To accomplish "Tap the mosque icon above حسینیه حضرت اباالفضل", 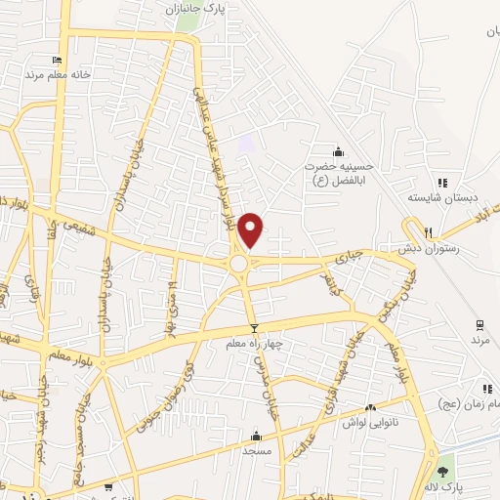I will tap(338, 151).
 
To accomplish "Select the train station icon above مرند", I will tap(479, 324).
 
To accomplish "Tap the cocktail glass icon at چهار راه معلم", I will tap(255, 329).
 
